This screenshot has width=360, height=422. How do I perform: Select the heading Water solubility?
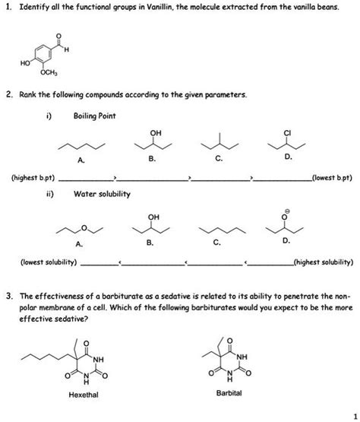(103, 194)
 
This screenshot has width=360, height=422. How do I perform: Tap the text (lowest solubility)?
(48, 262)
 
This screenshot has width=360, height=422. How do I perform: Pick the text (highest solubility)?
(324, 262)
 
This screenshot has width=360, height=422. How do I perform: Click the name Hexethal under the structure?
(84, 395)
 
